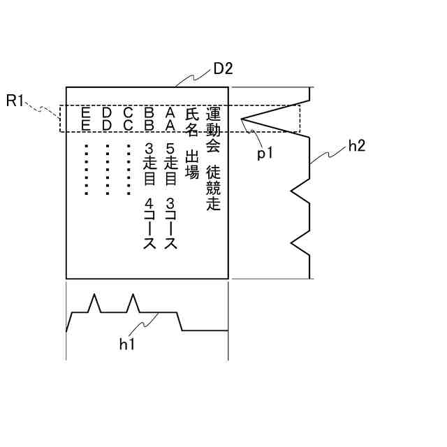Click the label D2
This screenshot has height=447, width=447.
click(x=223, y=69)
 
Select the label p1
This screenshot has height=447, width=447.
click(x=264, y=154)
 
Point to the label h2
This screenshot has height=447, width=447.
click(x=356, y=146)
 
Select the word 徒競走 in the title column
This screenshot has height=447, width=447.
click(x=213, y=188)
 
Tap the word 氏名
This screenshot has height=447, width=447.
click(x=192, y=122)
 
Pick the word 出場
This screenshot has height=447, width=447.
click(x=192, y=163)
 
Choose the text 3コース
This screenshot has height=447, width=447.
click(x=170, y=224)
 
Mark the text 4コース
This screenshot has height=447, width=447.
click(x=148, y=224)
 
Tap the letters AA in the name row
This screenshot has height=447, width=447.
click(x=170, y=118)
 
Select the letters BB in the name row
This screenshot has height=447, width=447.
click(x=148, y=118)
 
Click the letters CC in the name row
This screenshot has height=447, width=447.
click(x=128, y=118)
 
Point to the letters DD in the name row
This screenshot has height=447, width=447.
click(x=106, y=118)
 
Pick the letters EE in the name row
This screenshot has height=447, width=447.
click(x=86, y=118)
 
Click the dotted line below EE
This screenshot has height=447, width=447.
click(x=86, y=169)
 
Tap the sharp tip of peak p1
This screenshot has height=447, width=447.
click(x=242, y=119)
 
